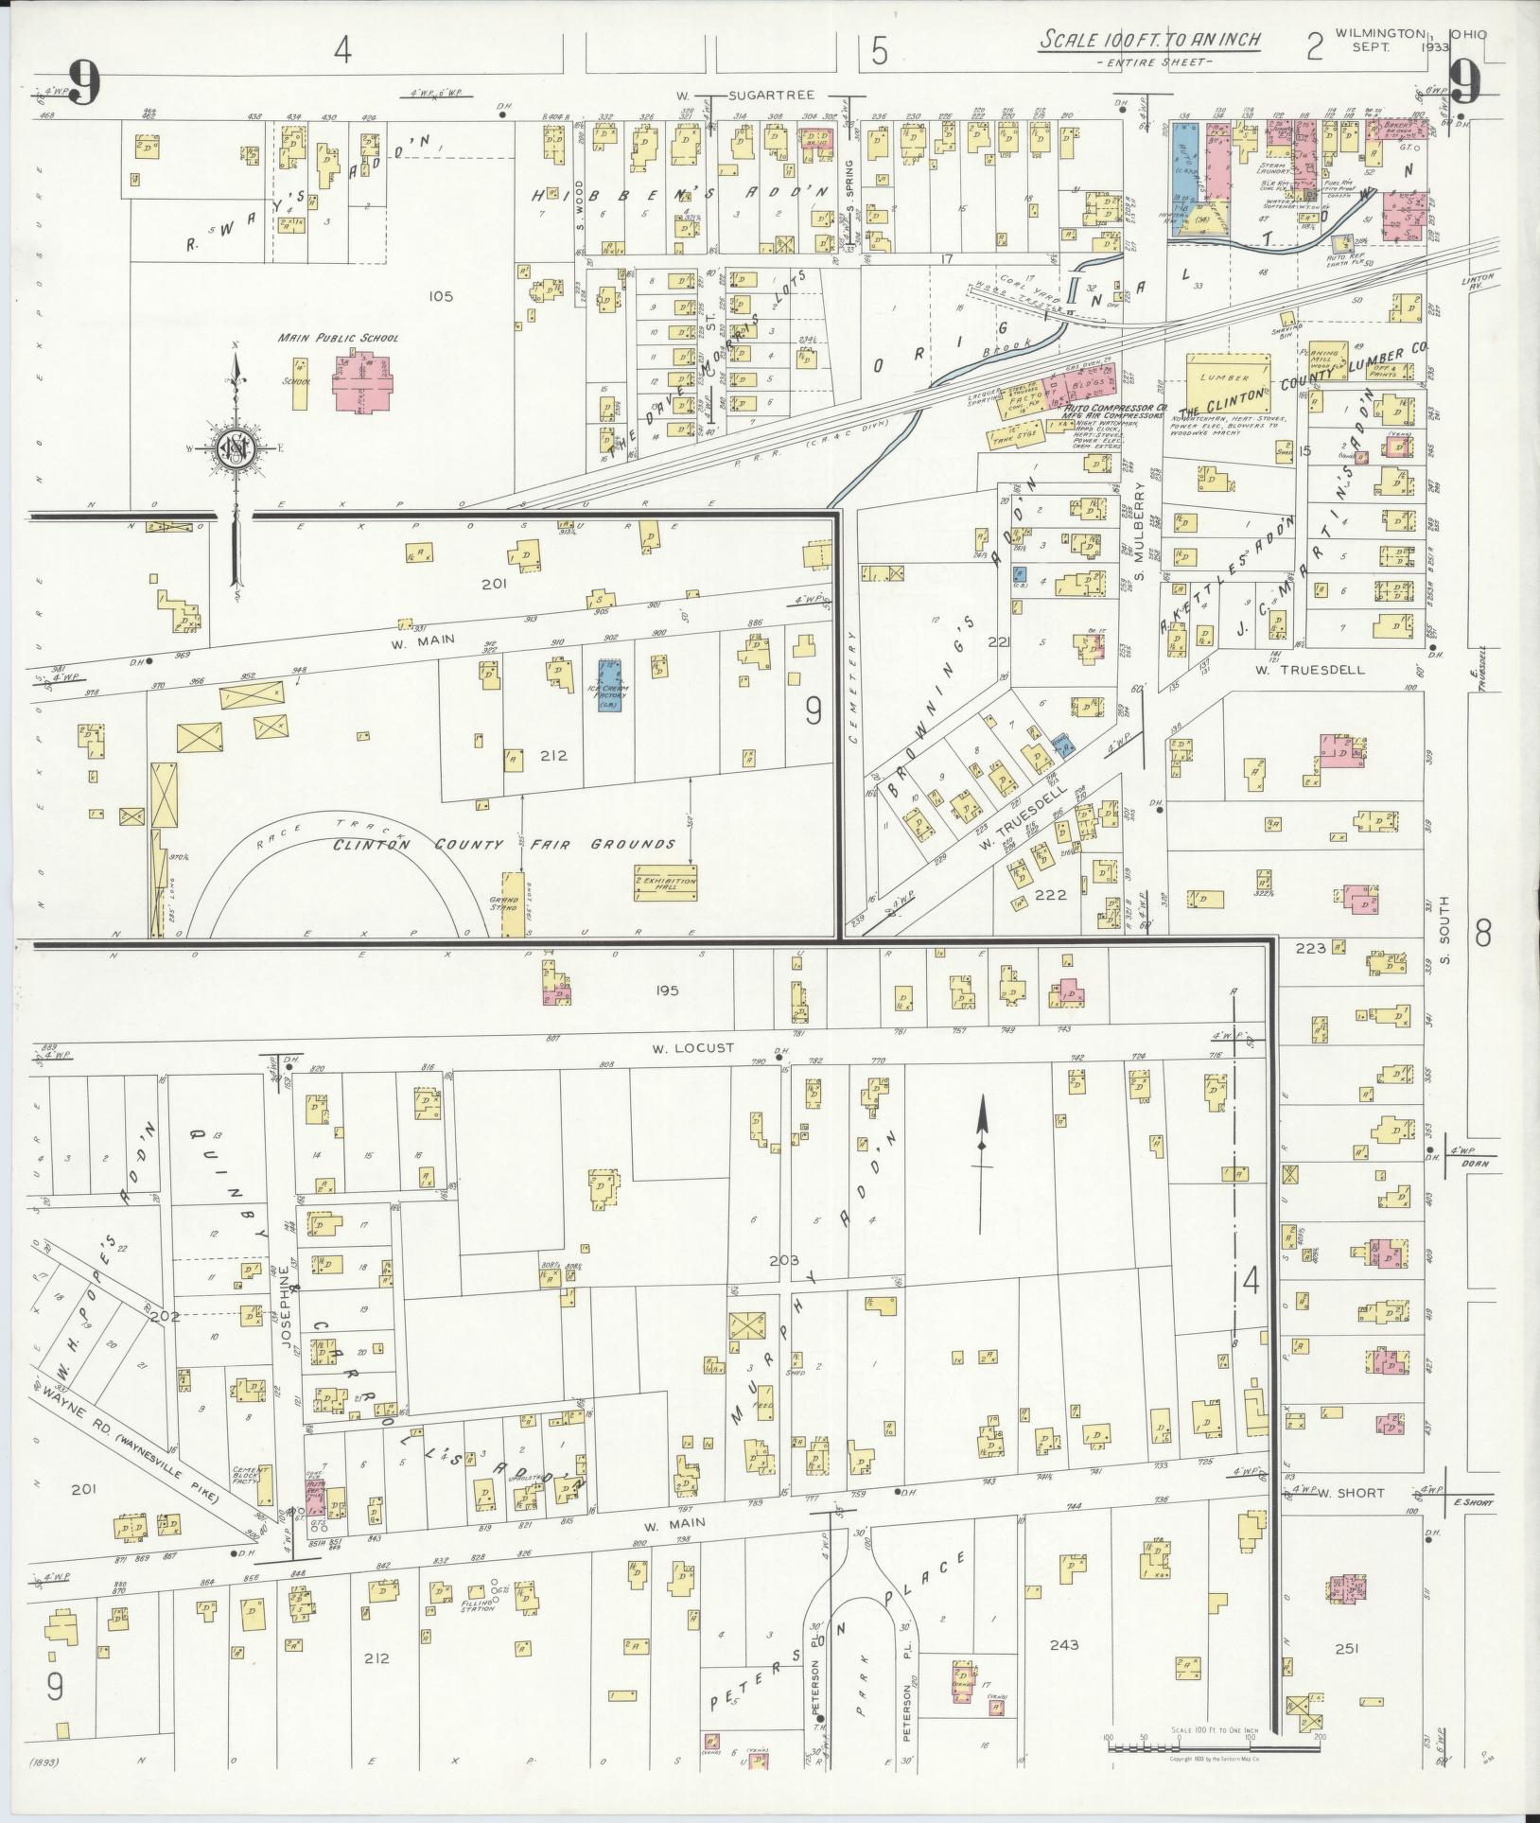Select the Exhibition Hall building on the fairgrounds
tap(665, 883)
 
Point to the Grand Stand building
tap(511, 904)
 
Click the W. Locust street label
tap(692, 1048)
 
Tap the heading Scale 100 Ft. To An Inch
tap(1148, 42)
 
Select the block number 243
tap(1064, 1644)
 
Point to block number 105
tap(440, 296)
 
